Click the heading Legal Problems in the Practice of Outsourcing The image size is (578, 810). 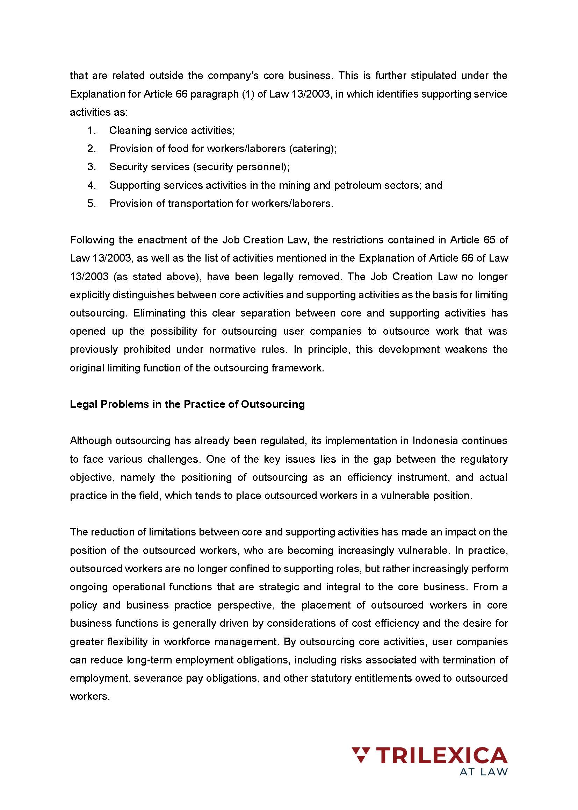tap(187, 404)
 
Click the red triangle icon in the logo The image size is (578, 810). tap(361, 755)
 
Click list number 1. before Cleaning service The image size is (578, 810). tap(92, 130)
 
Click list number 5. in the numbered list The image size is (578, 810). tap(92, 204)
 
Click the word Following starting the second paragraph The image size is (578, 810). tap(92, 240)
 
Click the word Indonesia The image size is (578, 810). tap(435, 441)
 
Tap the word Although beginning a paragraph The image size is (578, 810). tap(91, 441)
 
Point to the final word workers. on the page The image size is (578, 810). tap(90, 696)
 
